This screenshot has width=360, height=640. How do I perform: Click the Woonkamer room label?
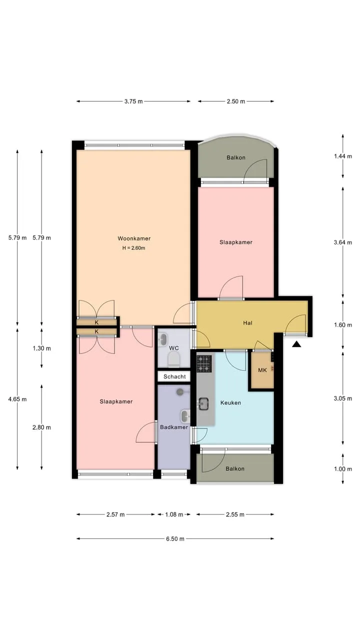134,238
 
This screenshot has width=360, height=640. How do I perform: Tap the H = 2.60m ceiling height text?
133,248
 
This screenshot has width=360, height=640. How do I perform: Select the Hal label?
247,323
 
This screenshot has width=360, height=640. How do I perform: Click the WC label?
174,348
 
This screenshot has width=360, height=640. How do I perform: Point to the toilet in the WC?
173,359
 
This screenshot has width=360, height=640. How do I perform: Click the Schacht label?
174,376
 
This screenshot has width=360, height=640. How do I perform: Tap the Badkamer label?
174,427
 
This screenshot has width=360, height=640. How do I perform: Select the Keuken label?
230,402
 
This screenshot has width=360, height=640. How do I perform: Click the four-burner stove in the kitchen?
204,363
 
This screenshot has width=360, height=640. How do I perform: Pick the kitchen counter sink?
203,403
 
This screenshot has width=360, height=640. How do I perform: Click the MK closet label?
262,370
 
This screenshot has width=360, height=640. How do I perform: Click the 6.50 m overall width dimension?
175,538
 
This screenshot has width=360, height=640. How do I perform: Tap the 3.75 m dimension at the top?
133,101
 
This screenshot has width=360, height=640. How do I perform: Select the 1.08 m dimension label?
174,514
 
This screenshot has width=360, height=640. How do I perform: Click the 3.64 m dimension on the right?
343,242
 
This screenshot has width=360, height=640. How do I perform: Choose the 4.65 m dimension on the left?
17,399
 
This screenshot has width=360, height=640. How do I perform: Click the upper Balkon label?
236,157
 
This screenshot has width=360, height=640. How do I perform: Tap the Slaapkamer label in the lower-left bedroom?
116,401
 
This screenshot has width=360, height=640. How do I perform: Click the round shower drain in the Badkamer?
180,391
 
